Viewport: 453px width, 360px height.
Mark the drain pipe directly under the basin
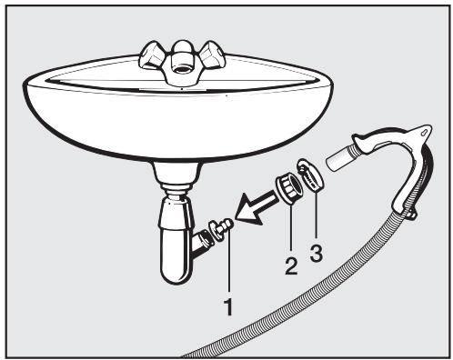(x=172, y=182)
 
